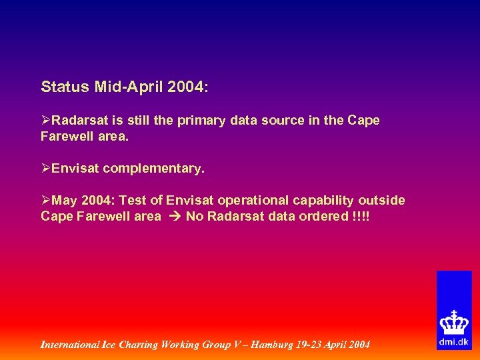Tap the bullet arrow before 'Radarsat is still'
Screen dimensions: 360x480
click(46, 121)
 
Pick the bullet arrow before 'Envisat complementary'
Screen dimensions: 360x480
click(46, 169)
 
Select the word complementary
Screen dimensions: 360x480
click(153, 169)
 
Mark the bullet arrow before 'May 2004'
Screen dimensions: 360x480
click(46, 200)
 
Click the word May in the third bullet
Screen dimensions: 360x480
click(65, 200)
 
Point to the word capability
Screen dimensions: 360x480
click(324, 200)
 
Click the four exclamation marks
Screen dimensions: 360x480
click(359, 216)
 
